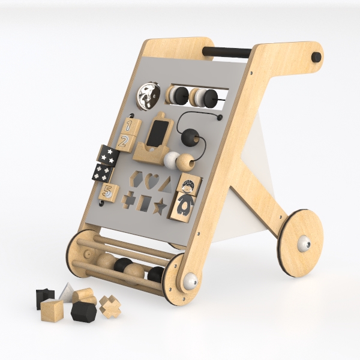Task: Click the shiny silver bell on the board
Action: (149, 96)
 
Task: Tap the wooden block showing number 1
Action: (131, 127)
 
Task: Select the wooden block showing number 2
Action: (125, 143)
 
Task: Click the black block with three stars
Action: (107, 155)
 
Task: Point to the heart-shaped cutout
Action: (152, 181)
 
